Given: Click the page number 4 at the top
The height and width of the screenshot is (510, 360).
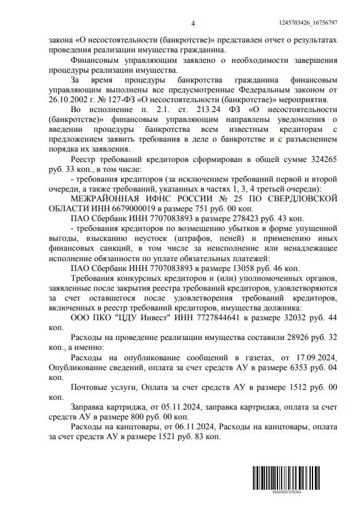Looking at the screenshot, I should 193,23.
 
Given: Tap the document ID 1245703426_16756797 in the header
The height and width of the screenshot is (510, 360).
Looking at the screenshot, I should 313,23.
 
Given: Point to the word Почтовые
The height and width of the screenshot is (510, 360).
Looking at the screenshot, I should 93,389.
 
